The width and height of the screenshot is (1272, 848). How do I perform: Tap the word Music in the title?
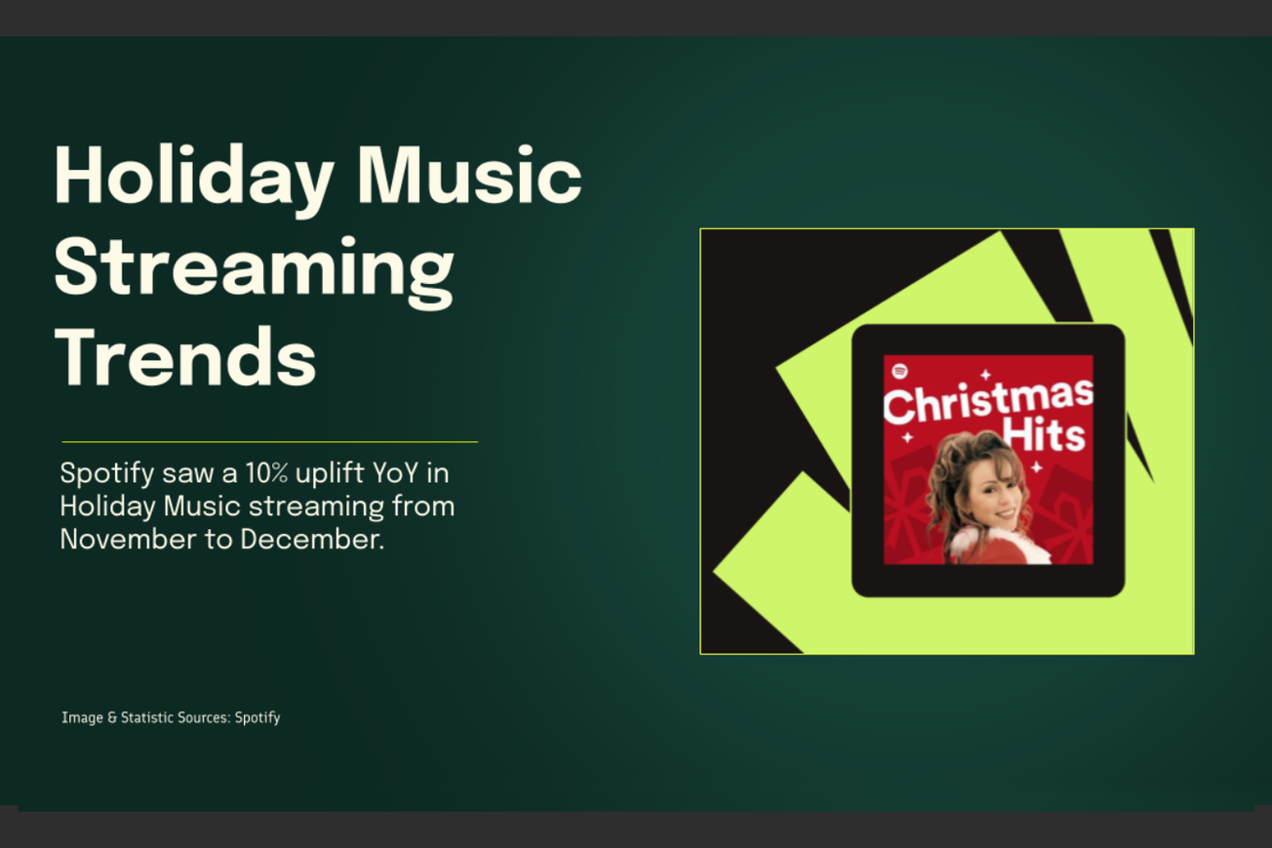[x=467, y=176]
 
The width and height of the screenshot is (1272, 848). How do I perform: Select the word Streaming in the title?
[x=254, y=267]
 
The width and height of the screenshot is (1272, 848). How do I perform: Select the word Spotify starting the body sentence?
[x=104, y=474]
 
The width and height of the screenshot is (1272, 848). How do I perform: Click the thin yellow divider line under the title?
[x=269, y=442]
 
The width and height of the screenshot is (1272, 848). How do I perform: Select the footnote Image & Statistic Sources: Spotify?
[x=171, y=717]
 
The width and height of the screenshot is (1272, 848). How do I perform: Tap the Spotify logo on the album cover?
[x=899, y=371]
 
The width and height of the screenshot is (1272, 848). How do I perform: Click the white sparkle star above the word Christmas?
[x=985, y=374]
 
